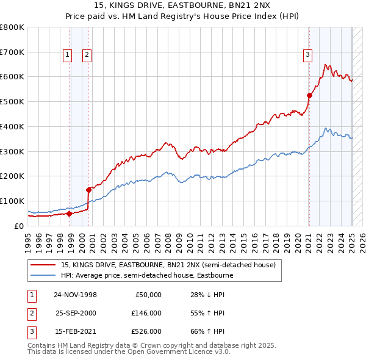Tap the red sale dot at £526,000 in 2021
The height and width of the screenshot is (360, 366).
pyautogui.click(x=309, y=95)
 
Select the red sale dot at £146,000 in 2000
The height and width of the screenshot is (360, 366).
pyautogui.click(x=89, y=189)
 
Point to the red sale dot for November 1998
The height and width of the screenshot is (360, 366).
pyautogui.click(x=69, y=214)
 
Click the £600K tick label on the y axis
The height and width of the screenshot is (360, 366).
pyautogui.click(x=12, y=77)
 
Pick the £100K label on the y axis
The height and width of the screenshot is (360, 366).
pyautogui.click(x=12, y=201)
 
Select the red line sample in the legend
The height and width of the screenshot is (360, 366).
pyautogui.click(x=43, y=265)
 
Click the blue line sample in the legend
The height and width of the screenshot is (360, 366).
pyautogui.click(x=43, y=275)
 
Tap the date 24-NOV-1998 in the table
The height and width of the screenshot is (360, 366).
pyautogui.click(x=75, y=295)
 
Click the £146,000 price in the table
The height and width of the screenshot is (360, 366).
pyautogui.click(x=147, y=313)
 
